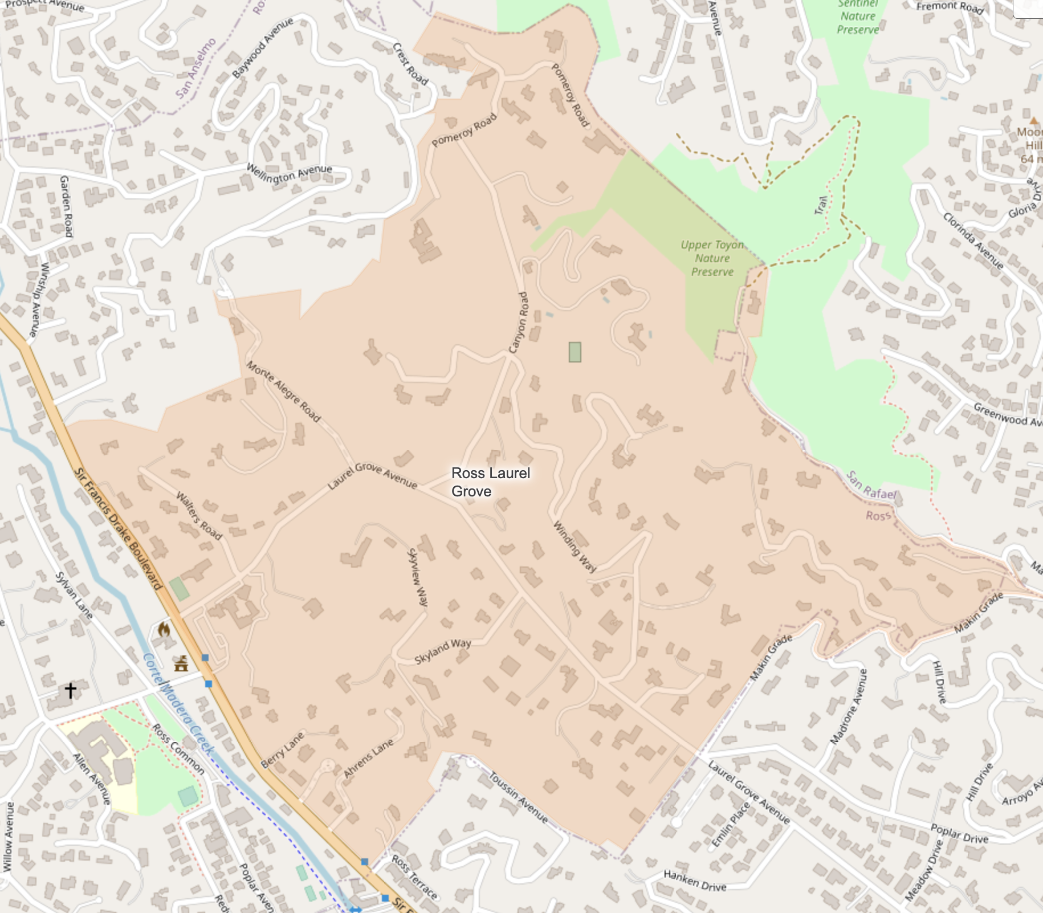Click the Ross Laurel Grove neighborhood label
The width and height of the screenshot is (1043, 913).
[x=490, y=482]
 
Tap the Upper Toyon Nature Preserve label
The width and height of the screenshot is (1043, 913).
[x=712, y=258]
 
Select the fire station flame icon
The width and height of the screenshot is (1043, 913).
[x=164, y=630]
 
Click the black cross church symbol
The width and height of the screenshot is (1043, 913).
[x=70, y=690]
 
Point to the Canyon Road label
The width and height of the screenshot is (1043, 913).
[x=519, y=323]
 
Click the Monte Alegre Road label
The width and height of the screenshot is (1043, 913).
[x=283, y=392]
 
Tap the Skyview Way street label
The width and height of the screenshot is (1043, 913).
[x=418, y=577]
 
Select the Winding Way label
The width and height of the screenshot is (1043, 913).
[x=575, y=547]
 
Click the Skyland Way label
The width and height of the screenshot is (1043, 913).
[x=443, y=651]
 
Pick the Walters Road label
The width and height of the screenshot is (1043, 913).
[x=198, y=516]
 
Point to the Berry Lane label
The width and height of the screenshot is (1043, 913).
[x=282, y=750]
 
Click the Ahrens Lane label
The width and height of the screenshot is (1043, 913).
[x=368, y=758]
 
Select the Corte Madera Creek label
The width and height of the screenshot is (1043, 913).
[x=178, y=704]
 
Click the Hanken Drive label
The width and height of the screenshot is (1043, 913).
[x=695, y=881]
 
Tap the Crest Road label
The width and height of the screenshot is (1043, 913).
[x=410, y=64]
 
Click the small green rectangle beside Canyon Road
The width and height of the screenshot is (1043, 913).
[x=575, y=352]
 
